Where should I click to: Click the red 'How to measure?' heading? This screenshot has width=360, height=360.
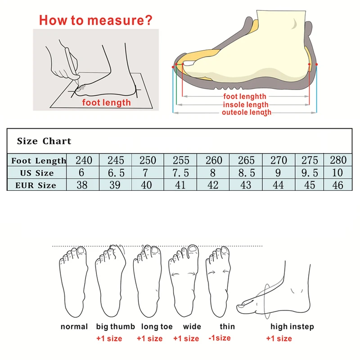pyautogui.click(x=95, y=20)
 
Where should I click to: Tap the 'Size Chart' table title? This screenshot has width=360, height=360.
pyautogui.click(x=44, y=141)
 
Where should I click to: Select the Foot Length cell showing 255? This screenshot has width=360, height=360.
pyautogui.click(x=180, y=161)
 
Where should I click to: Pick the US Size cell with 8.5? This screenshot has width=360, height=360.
pyautogui.click(x=246, y=173)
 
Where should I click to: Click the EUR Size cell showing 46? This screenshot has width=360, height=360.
pyautogui.click(x=337, y=185)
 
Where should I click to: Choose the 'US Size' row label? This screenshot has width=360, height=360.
pyautogui.click(x=36, y=173)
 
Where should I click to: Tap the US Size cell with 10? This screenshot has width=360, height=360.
pyautogui.click(x=337, y=173)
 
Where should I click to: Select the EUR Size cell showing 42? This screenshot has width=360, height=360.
pyautogui.click(x=213, y=185)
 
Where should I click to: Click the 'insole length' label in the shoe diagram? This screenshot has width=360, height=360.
pyautogui.click(x=246, y=104)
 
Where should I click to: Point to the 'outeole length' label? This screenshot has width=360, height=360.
pyautogui.click(x=246, y=112)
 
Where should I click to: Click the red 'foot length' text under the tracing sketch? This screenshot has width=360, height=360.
pyautogui.click(x=106, y=103)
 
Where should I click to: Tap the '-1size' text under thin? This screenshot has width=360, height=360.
pyautogui.click(x=220, y=338)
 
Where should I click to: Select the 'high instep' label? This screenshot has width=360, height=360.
pyautogui.click(x=292, y=327)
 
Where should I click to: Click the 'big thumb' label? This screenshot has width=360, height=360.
pyautogui.click(x=115, y=327)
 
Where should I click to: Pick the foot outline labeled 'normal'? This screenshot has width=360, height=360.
pyautogui.click(x=73, y=283)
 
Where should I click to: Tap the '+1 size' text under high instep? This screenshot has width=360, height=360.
pyautogui.click(x=279, y=338)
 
